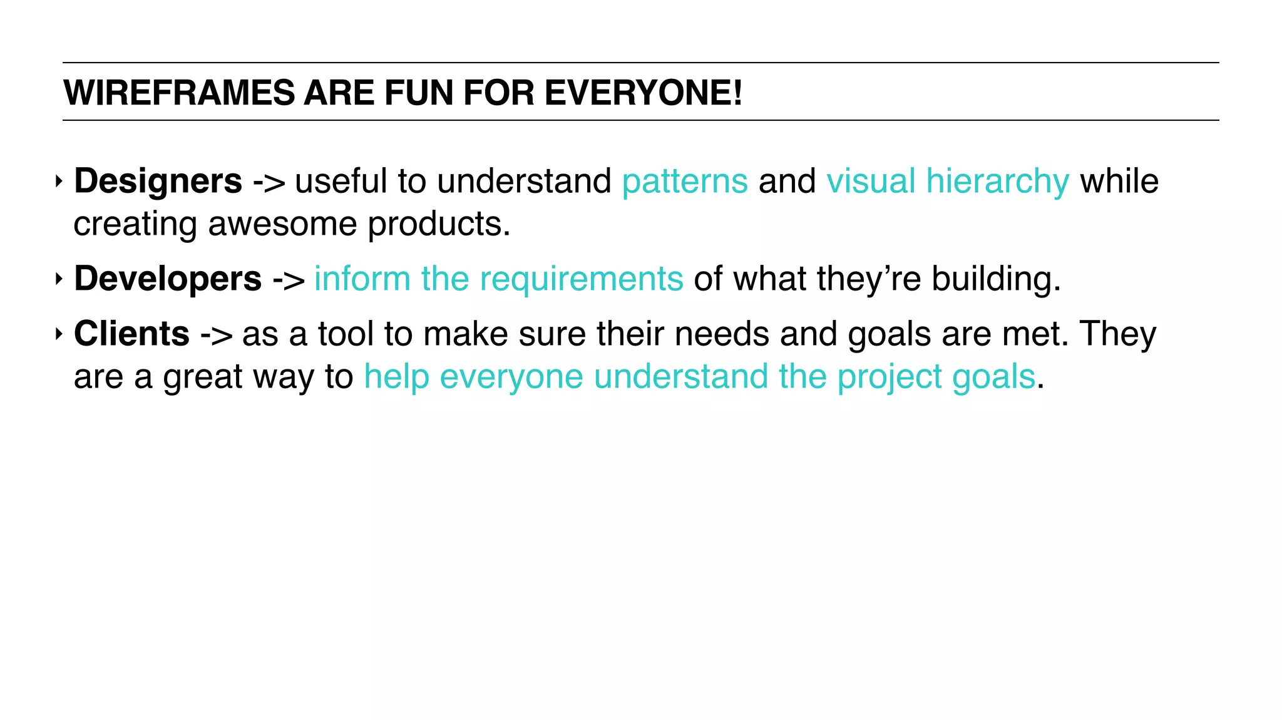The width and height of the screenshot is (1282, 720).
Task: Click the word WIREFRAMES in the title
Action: tap(178, 93)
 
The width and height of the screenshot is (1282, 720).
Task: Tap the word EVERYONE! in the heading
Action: tap(643, 93)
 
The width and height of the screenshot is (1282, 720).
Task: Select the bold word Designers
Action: tap(158, 181)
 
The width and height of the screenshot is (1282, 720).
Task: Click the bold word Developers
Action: tap(168, 278)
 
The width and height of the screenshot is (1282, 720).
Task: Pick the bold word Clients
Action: tap(131, 333)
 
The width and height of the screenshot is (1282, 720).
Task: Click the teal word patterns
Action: tap(684, 182)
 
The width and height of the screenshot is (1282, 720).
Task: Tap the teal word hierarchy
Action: tap(997, 182)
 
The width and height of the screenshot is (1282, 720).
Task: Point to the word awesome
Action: tap(282, 224)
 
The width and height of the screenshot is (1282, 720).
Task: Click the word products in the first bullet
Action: tap(438, 224)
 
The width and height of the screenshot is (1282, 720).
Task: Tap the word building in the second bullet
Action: tap(995, 279)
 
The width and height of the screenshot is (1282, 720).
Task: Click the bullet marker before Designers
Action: tap(59, 182)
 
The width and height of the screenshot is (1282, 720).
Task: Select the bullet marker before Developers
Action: tap(59, 279)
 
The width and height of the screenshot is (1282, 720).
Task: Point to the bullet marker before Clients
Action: tap(59, 334)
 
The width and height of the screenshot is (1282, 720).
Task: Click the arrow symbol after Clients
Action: tap(216, 334)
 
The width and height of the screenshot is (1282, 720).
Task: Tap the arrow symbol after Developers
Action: tap(289, 279)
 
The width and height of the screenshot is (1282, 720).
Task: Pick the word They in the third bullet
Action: tap(1117, 334)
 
